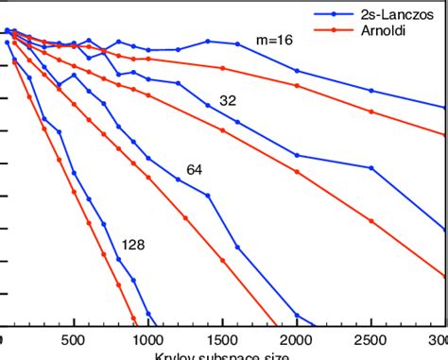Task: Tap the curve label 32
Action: click(228, 100)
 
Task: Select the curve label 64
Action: click(195, 170)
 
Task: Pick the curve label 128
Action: click(133, 244)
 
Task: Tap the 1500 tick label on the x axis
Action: click(223, 339)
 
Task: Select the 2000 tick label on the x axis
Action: click(297, 339)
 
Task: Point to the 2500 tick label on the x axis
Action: click(370, 339)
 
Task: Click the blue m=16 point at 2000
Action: click(298, 71)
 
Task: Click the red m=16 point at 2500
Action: click(371, 111)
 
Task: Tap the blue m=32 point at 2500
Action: click(371, 168)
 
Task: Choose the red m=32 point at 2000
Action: click(298, 172)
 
